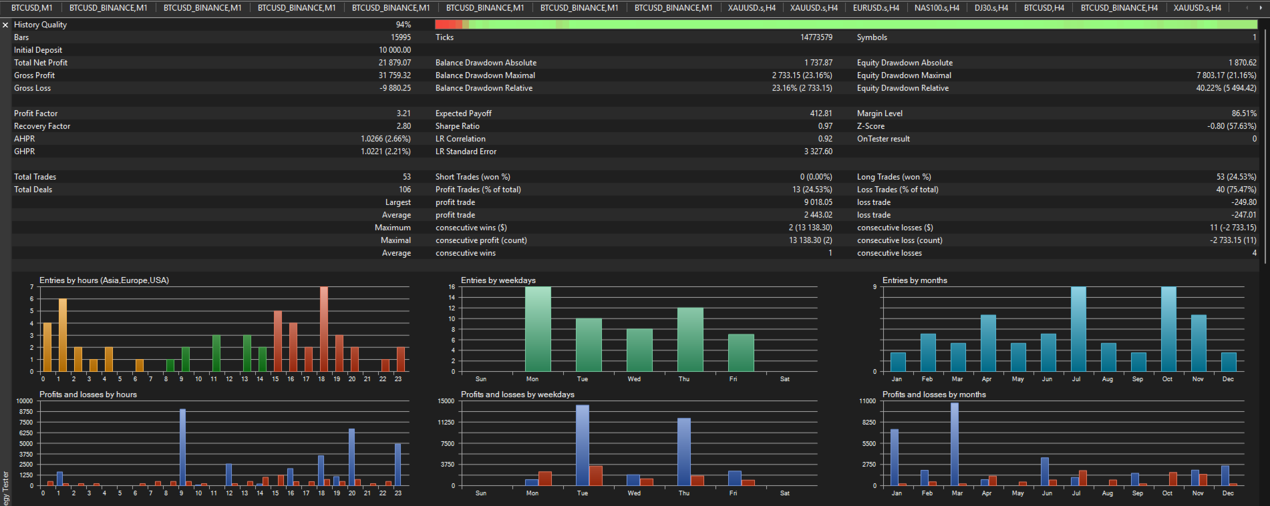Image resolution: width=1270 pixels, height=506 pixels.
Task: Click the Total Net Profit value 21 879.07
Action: click(394, 63)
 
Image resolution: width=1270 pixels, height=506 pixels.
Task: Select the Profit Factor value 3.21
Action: click(404, 113)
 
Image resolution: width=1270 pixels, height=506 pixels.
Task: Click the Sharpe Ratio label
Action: click(458, 126)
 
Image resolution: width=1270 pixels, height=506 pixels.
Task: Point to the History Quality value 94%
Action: click(404, 25)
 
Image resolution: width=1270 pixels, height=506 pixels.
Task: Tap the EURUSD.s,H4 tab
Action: click(876, 8)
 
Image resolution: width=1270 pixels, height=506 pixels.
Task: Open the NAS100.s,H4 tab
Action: click(937, 8)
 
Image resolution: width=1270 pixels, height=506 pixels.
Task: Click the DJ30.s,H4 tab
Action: click(991, 8)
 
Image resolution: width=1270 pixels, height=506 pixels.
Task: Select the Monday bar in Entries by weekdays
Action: click(538, 329)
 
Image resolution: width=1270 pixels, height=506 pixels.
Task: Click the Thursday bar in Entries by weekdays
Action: click(690, 340)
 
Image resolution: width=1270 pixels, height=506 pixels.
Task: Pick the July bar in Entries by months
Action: click(1078, 329)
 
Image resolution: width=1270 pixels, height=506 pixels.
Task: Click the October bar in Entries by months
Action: click(1168, 329)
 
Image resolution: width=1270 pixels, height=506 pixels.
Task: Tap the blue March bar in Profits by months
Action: click(955, 444)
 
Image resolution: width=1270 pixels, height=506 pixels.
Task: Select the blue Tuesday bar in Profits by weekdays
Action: click(583, 445)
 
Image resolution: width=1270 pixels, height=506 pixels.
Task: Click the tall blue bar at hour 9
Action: click(182, 447)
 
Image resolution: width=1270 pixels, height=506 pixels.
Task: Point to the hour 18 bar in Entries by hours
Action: click(323, 329)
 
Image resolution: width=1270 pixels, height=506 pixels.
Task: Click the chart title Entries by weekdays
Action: click(498, 280)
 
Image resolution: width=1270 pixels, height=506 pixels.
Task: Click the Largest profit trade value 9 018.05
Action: click(818, 202)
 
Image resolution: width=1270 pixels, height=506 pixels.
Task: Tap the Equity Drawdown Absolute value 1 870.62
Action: click(1243, 63)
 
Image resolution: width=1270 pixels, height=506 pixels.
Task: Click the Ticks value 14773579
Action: click(816, 37)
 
